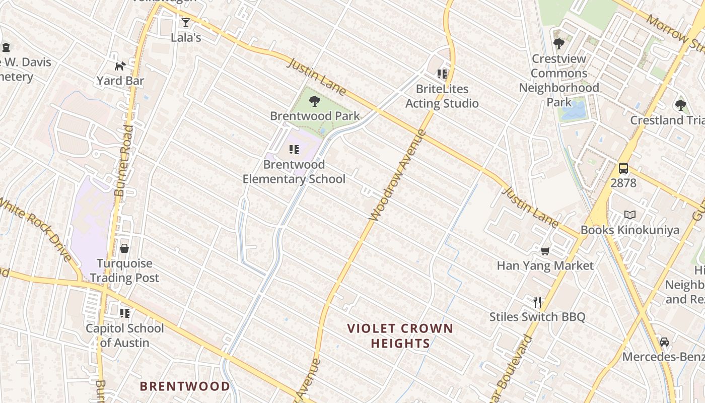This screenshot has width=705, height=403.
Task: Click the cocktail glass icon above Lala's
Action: coord(186,23)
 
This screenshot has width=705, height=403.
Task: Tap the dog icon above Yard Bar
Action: coord(120,66)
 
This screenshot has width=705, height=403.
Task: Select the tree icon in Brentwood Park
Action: coord(315,101)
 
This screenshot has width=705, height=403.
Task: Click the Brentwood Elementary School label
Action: coord(294,172)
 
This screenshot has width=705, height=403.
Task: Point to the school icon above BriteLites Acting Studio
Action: coord(442,75)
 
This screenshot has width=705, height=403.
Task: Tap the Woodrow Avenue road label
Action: coord(397,176)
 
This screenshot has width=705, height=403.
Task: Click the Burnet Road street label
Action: coord(124,161)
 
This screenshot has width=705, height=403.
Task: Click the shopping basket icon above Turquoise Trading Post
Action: coord(124,248)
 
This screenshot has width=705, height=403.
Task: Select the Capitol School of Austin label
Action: coord(124,335)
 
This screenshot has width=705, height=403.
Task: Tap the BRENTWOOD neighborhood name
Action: coord(185,386)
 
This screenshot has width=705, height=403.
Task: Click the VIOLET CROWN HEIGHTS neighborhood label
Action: coord(400,336)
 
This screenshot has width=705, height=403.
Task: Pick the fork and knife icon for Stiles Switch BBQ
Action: coord(537,302)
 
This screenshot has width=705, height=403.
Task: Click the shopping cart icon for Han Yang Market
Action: coord(545,251)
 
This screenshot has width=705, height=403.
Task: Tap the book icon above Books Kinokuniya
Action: coord(629,215)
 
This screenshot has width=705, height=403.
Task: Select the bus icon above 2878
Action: coord(623,168)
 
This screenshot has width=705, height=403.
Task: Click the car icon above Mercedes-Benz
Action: coord(664,342)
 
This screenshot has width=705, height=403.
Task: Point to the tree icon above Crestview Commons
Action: coord(558,44)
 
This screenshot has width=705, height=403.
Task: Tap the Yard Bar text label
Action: coord(120,81)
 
